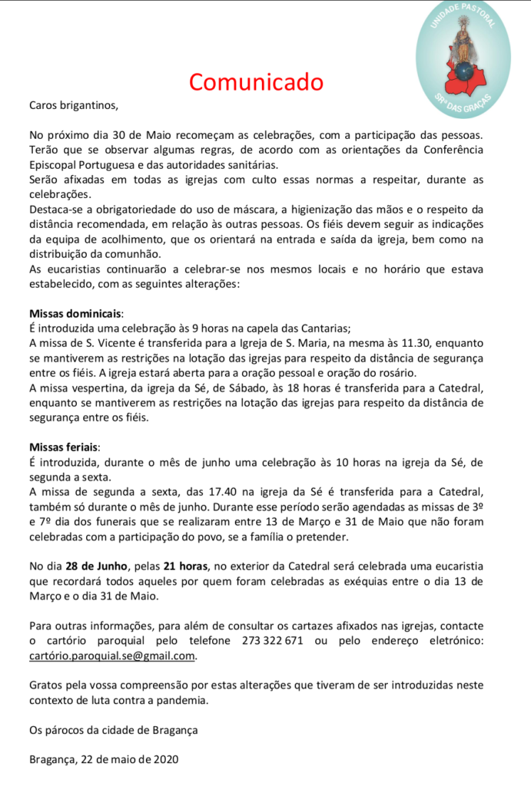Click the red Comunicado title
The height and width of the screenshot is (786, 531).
coord(257,81)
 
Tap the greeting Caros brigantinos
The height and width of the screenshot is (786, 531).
coord(74,104)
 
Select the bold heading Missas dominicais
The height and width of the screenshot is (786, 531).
coord(76,314)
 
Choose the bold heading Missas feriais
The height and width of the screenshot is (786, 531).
coord(65,447)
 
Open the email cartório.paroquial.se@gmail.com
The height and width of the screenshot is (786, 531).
coord(112,656)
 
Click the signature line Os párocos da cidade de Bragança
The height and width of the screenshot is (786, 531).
coord(113,730)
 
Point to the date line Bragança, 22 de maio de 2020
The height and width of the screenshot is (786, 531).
coord(104,759)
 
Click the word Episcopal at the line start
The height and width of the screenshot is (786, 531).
coord(55,164)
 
